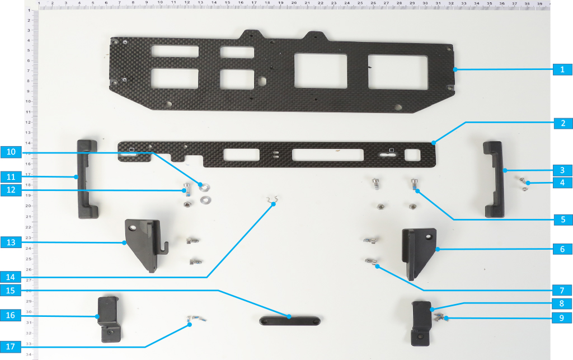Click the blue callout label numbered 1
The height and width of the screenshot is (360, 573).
[x=562, y=69]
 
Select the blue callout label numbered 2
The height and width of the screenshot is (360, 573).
[x=563, y=123]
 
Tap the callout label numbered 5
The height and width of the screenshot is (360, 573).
[x=563, y=219]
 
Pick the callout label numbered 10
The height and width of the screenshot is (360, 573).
[x=11, y=152]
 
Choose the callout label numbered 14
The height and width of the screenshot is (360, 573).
[x=10, y=277]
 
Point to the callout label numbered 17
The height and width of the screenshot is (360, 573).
[x=10, y=347]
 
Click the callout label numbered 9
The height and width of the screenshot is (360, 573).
[x=562, y=317]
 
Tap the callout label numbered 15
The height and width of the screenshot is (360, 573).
[x=10, y=291]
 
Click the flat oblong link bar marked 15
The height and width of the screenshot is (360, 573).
[x=290, y=321]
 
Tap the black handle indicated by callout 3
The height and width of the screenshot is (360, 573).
[x=495, y=180]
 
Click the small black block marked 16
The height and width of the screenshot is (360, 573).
[x=109, y=319]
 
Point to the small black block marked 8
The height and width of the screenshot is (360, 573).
[x=421, y=323]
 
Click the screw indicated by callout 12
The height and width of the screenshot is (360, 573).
[x=187, y=189]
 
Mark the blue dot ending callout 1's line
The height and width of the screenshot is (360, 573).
[x=455, y=69]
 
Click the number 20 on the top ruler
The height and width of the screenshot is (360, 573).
[x=294, y=3]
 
